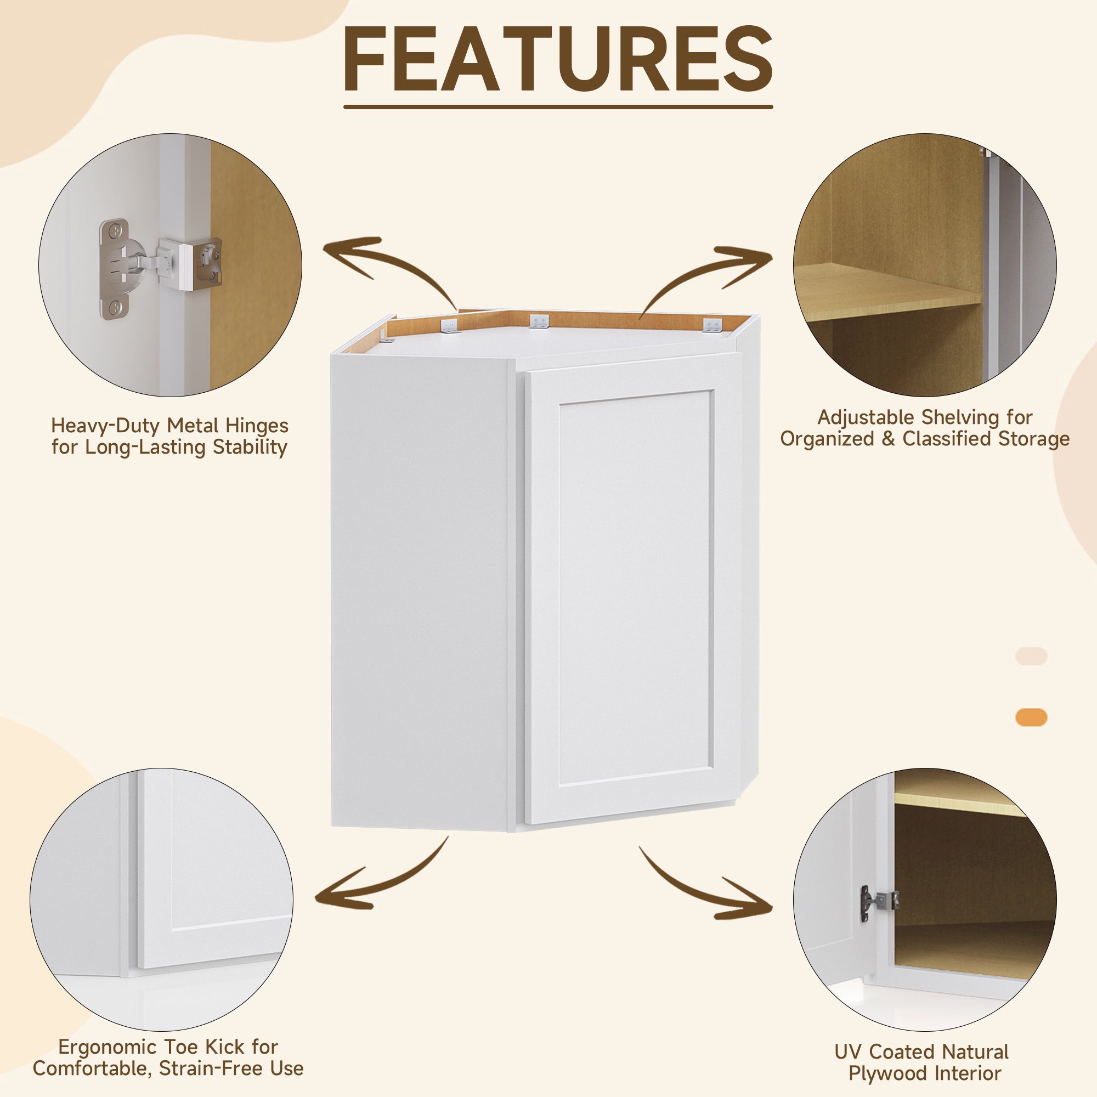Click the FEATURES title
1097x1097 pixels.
coord(558,60)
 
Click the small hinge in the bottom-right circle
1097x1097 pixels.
coord(878,902)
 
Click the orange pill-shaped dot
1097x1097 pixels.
coord(1031,717)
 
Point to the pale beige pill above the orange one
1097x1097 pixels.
coord(1031,656)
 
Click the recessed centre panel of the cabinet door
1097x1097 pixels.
coord(636,587)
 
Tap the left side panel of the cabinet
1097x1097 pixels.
coord(420,591)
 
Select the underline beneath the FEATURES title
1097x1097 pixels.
coord(558,106)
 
